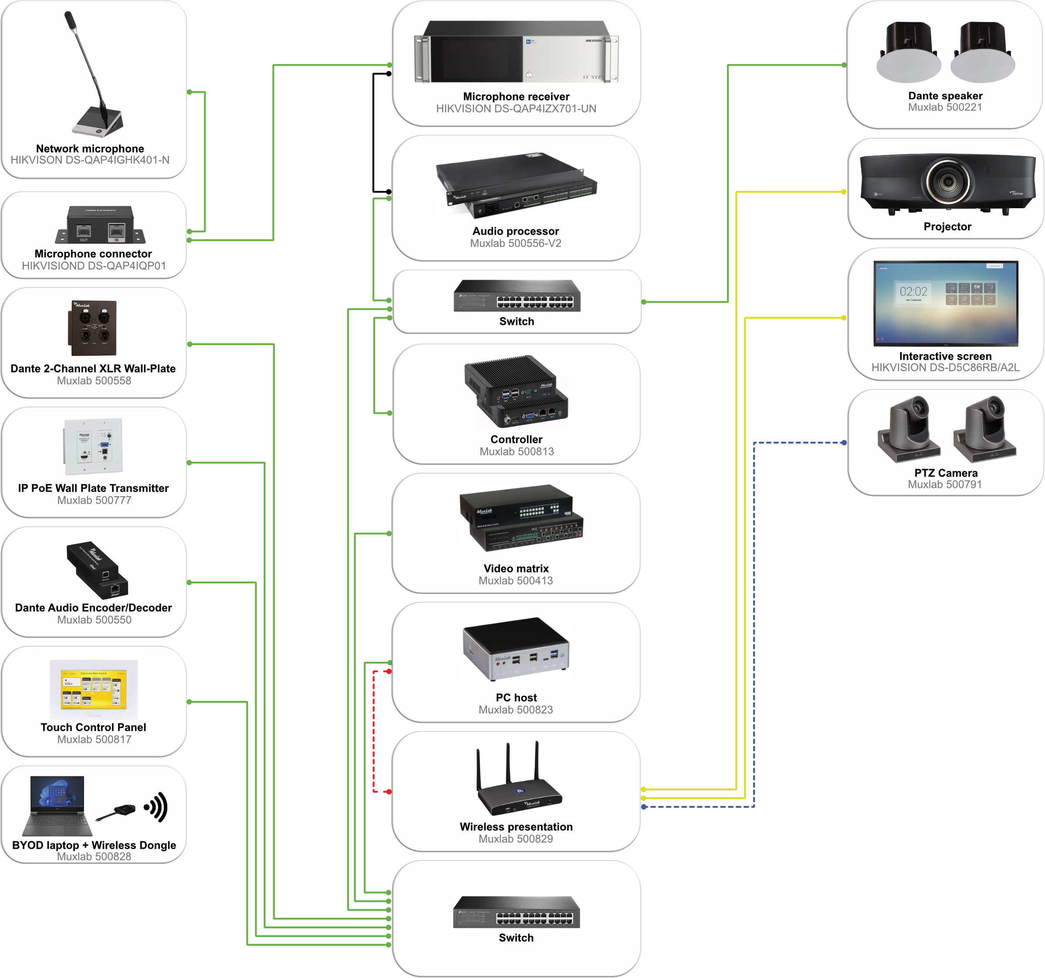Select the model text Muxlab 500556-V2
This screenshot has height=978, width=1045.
pos(516,244)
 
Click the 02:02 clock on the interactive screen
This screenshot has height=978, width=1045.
pos(913,292)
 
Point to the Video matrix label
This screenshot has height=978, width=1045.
pos(516,569)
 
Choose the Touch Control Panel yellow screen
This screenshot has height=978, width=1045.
pos(94,689)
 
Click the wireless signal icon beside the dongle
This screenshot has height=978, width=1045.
pos(156,807)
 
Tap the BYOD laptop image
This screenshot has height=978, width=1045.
pos(57,805)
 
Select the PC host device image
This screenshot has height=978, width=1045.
pos(515,650)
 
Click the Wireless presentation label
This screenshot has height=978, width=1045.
pos(516,826)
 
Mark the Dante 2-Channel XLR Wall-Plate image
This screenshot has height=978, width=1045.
pos(92,328)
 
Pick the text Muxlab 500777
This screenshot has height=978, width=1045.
pos(94,501)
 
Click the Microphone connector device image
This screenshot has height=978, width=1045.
pos(100,225)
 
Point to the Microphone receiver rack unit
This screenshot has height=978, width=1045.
pos(516,53)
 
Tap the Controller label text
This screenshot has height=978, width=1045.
pos(516,440)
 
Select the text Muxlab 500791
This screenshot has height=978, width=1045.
pos(945,485)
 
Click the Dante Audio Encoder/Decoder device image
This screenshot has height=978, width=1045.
pos(97,570)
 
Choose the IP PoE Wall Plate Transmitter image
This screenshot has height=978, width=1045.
pos(93,447)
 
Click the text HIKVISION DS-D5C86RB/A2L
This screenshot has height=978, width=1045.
pos(945,368)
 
